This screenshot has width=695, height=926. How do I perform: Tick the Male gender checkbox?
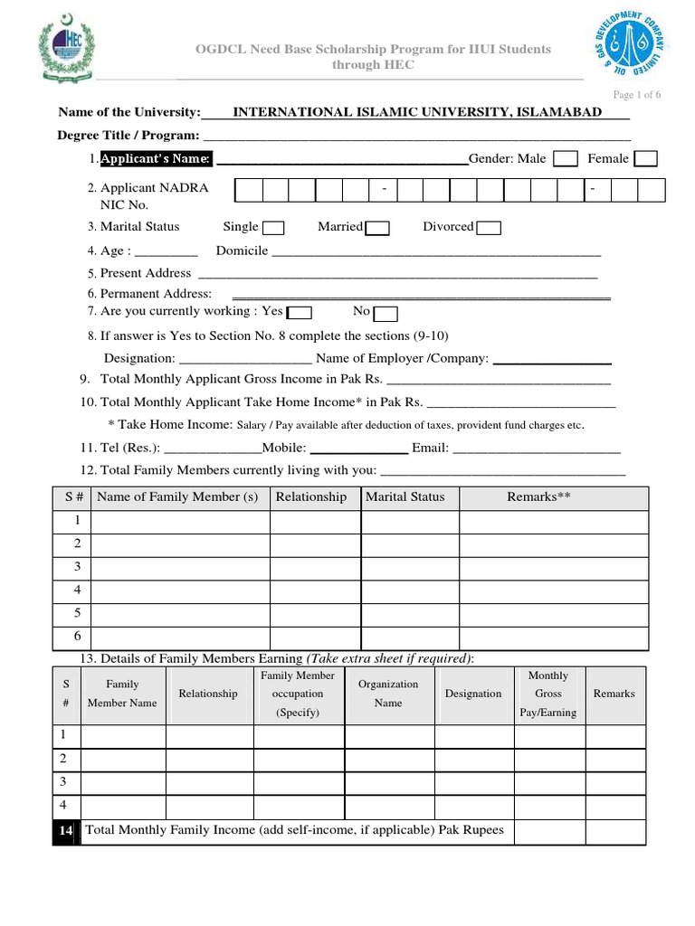click(x=566, y=159)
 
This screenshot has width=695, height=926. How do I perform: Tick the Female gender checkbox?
click(x=646, y=159)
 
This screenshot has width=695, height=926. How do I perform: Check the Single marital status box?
click(x=273, y=228)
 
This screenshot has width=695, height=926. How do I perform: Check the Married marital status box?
click(x=377, y=228)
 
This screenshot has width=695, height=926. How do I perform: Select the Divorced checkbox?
click(x=489, y=228)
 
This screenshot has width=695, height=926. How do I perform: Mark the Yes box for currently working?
click(x=300, y=313)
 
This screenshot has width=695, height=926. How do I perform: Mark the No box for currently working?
click(x=386, y=314)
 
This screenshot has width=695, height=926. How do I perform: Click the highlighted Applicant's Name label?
click(x=156, y=159)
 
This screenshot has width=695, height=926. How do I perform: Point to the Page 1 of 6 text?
click(x=637, y=95)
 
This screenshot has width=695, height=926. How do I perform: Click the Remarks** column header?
click(x=538, y=497)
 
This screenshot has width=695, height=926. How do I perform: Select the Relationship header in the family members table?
click(x=310, y=497)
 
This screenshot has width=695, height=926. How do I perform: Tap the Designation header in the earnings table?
click(x=473, y=694)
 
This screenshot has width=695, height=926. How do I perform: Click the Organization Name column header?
click(x=388, y=694)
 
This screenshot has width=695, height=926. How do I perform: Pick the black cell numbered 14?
click(x=66, y=830)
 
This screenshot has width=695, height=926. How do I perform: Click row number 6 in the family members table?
click(x=78, y=637)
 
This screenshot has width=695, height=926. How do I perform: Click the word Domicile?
click(x=242, y=251)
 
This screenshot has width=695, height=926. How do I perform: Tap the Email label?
click(x=430, y=448)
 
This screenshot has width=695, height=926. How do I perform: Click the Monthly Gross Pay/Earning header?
click(x=547, y=694)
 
